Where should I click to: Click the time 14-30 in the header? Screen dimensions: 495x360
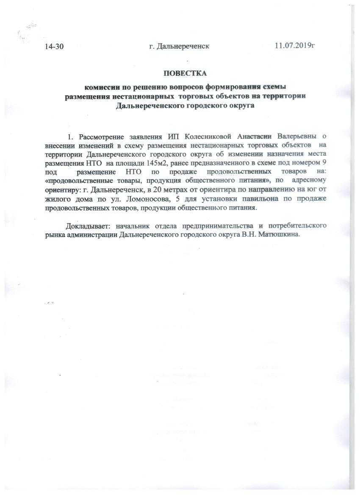[54, 46]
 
